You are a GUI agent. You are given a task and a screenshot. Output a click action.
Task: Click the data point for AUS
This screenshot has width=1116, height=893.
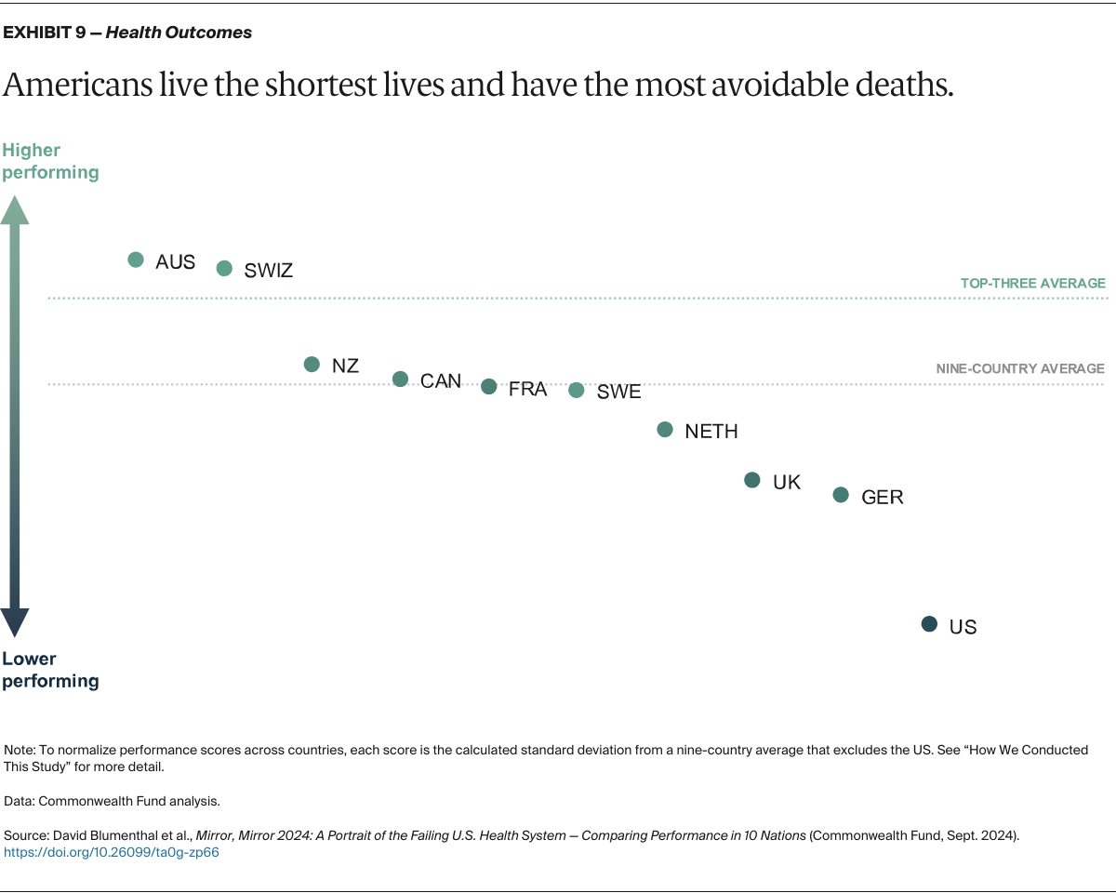click(x=136, y=260)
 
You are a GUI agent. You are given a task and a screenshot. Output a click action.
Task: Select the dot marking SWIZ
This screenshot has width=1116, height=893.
click(x=224, y=268)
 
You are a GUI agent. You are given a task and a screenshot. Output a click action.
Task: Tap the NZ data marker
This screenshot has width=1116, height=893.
click(x=312, y=364)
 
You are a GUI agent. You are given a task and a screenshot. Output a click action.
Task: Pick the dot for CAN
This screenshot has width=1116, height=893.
click(x=400, y=379)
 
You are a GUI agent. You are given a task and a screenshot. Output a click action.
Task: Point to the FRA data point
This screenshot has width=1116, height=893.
click(x=489, y=386)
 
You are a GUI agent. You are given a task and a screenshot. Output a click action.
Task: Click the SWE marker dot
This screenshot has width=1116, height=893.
click(x=577, y=390)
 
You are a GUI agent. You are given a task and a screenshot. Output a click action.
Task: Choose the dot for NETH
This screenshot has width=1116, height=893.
click(x=665, y=429)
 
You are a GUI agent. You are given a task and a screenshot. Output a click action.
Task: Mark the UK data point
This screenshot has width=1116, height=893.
click(x=752, y=480)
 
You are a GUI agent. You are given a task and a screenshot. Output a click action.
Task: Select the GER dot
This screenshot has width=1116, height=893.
click(x=841, y=495)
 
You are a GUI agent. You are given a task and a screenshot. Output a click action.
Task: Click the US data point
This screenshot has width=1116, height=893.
click(x=929, y=624)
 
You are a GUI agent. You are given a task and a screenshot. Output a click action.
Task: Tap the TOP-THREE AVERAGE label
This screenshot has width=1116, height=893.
click(x=1032, y=283)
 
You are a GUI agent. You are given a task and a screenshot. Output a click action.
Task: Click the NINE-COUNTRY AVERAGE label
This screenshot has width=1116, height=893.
click(x=1020, y=368)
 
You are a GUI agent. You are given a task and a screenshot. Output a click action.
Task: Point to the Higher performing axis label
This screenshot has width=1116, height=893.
click(x=50, y=161)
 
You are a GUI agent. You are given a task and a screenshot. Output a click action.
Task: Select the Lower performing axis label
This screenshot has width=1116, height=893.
click(x=50, y=670)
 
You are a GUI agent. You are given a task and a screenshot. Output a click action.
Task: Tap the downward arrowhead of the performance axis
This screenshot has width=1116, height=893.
click(x=15, y=622)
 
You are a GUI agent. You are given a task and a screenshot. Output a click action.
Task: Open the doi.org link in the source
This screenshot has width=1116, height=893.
click(x=112, y=852)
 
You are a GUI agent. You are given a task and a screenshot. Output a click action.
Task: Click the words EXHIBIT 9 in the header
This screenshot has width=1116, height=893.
click(x=46, y=33)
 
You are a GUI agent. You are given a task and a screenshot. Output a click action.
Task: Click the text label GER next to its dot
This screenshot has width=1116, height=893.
click(x=883, y=497)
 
